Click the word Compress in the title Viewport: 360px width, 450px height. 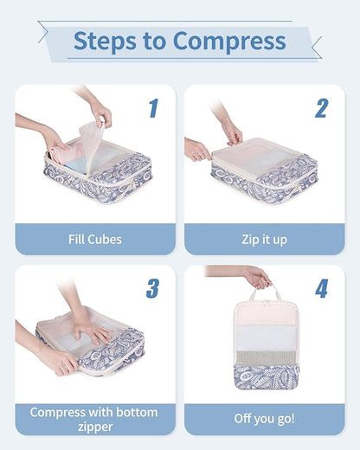tap(228, 41)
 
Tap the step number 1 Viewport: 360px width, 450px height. tap(153, 108)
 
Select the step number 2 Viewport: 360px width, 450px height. tap(321, 108)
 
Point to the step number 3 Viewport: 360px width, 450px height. tap(153, 288)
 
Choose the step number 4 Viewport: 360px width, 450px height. tap(321, 288)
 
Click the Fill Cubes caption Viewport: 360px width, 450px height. tap(95, 239)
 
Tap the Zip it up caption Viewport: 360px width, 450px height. tap(264, 239)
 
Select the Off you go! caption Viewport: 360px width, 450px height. tap(264, 419)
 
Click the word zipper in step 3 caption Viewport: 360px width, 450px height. tap(95, 427)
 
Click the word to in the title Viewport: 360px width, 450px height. tap(159, 41)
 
